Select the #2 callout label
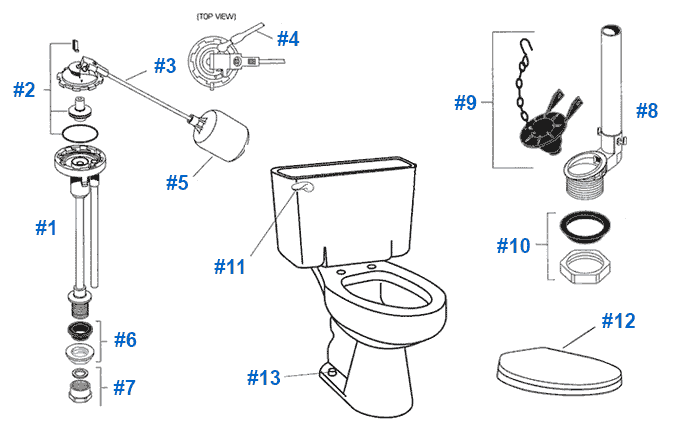tap(24, 90)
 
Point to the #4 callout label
tap(288, 39)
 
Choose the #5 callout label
tap(177, 183)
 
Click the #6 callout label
tap(124, 339)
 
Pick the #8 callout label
tap(646, 111)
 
